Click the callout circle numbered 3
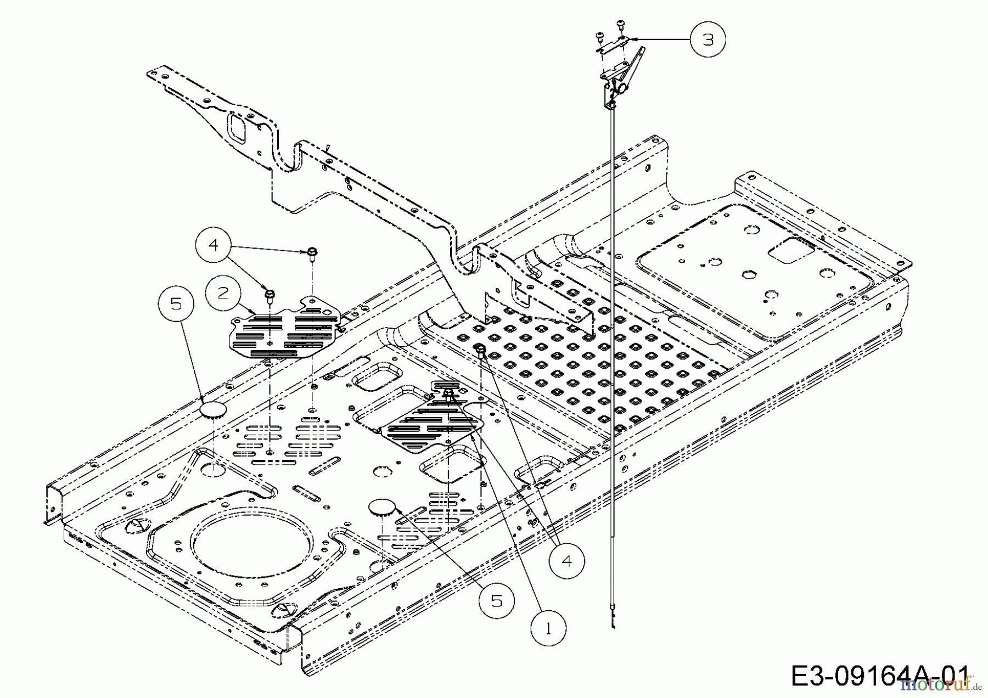[x=708, y=40]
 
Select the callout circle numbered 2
[x=222, y=294]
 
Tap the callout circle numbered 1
[x=548, y=629]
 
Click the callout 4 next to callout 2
[x=214, y=245]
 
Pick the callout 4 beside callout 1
[x=567, y=561]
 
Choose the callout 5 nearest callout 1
[x=496, y=601]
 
